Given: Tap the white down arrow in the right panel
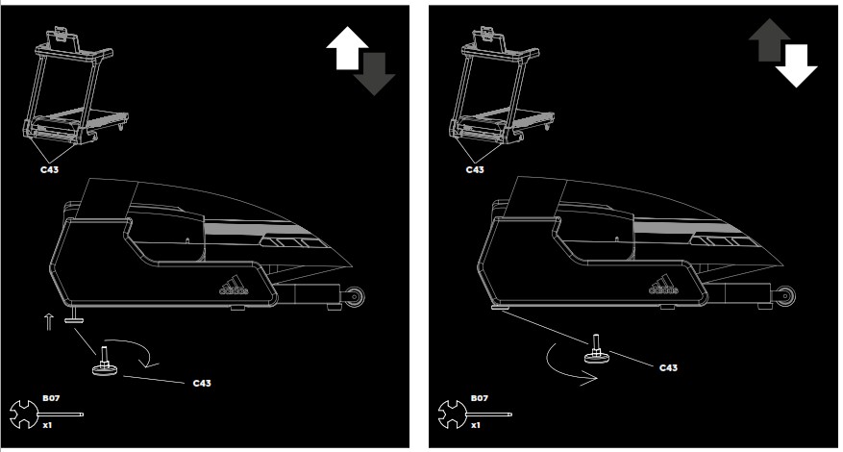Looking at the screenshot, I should pyautogui.click(x=796, y=64).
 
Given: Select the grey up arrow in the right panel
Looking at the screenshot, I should pyautogui.click(x=768, y=40).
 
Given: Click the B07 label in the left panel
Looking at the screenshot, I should pyautogui.click(x=50, y=396).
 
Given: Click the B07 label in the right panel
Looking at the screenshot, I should pyautogui.click(x=479, y=396).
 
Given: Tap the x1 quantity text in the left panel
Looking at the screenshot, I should pyautogui.click(x=46, y=424).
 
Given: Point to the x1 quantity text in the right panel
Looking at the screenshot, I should pyautogui.click(x=474, y=424).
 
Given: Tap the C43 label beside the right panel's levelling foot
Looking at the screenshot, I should pyautogui.click(x=669, y=367).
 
